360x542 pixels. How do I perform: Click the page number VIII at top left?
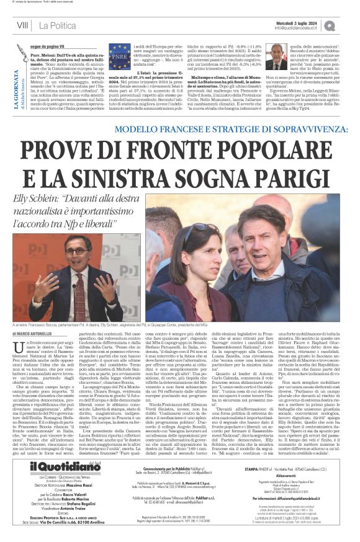point(23,25)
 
